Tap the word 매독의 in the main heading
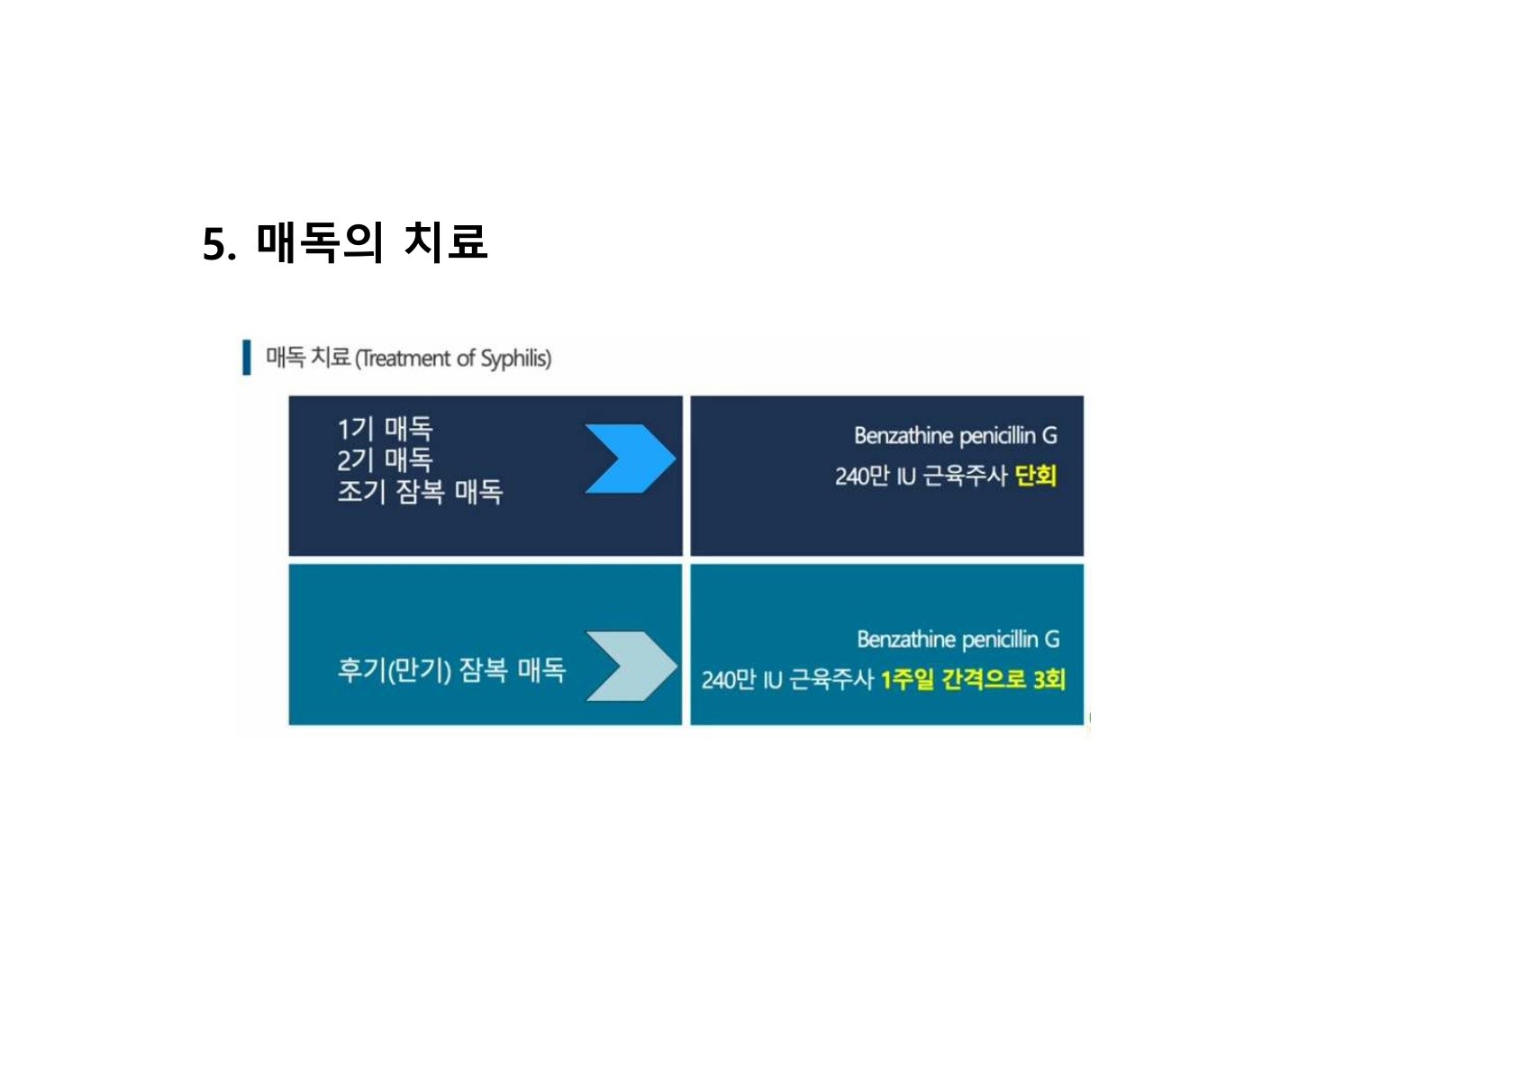320,241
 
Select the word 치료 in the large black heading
445,241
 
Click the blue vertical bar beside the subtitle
246,358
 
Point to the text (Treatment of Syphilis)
453,359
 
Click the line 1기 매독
385,428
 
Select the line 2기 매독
385,459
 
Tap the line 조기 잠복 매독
420,491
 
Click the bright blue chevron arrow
629,459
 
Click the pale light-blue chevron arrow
630,666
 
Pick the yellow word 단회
1035,475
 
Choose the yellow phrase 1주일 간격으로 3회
973,678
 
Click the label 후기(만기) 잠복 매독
451,669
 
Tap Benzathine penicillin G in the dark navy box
955,436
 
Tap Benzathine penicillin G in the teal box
958,640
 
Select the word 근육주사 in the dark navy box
965,476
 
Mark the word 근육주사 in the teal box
831,679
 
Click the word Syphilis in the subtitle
514,359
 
